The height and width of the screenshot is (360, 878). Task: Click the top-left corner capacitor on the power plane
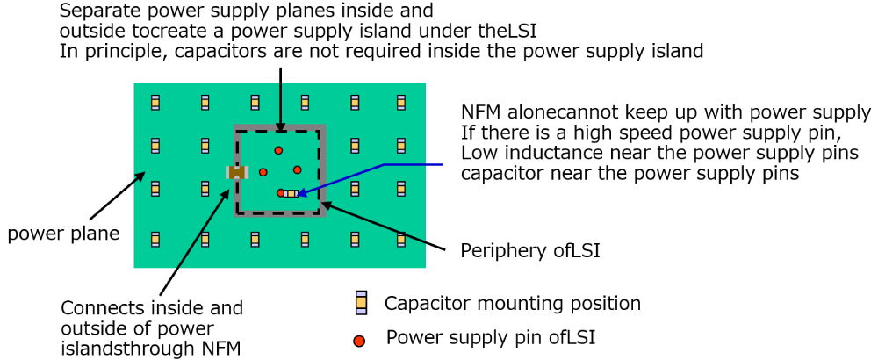click(155, 103)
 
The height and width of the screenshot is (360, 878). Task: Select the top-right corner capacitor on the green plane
click(401, 103)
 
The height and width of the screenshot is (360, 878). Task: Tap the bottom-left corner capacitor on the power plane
click(155, 238)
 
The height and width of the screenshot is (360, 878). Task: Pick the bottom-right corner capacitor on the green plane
click(401, 238)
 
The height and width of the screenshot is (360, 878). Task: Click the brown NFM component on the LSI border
click(237, 173)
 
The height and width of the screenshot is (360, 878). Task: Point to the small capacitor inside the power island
click(291, 193)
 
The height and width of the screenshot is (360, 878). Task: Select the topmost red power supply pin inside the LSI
click(278, 150)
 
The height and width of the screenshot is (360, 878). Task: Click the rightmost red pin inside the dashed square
click(298, 169)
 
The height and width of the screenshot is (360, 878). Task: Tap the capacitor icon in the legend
click(360, 303)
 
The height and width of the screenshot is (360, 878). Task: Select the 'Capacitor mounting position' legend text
click(512, 304)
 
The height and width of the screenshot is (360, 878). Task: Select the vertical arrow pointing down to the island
click(279, 97)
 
